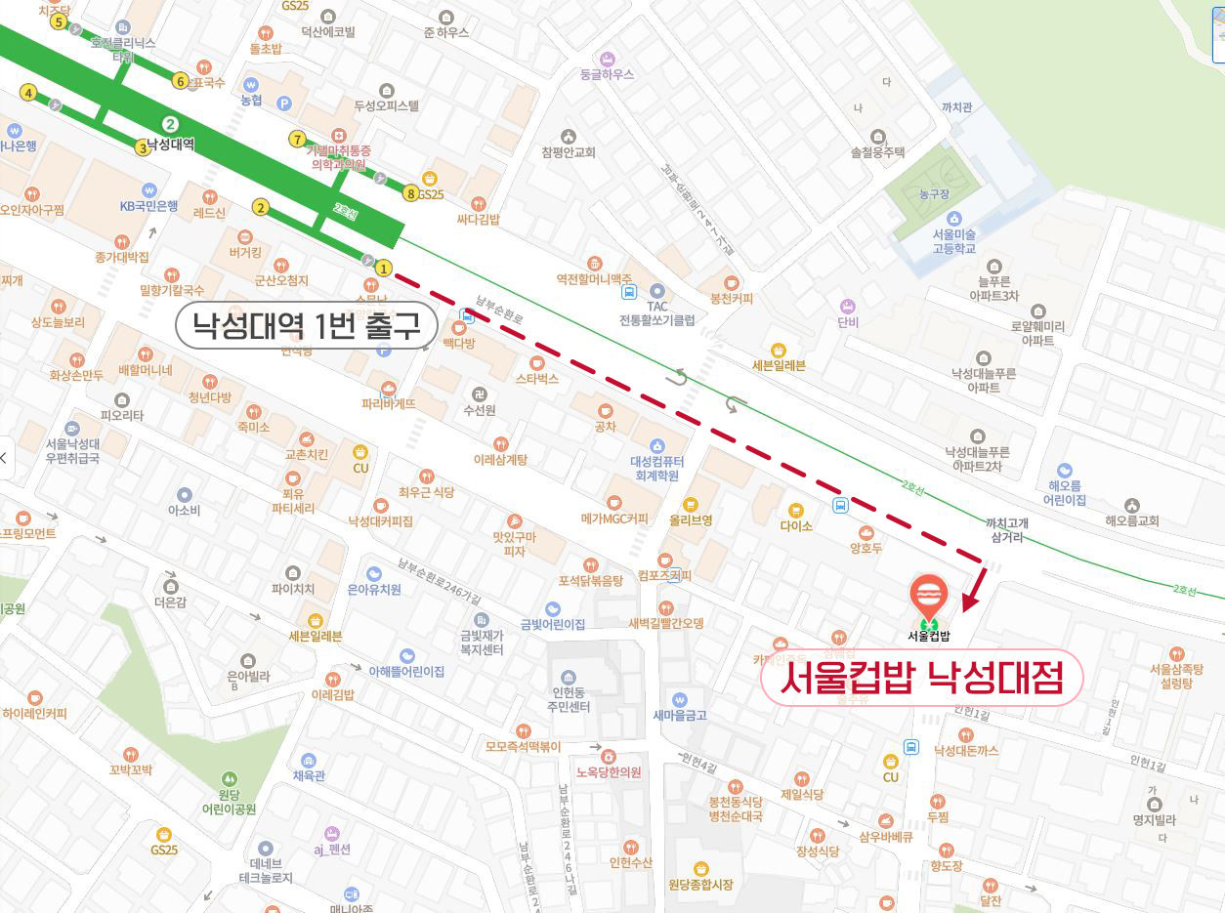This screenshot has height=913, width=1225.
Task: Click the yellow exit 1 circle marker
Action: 384,268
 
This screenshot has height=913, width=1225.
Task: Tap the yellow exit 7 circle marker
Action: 298,139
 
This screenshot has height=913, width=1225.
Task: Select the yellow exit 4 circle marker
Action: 28,93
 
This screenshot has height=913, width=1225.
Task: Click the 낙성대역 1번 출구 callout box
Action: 306,326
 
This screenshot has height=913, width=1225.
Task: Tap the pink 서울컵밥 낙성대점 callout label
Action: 922,677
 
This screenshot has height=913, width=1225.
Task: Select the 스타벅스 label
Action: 536,378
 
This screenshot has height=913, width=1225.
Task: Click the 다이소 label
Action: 796,524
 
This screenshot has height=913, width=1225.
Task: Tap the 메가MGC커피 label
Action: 614,518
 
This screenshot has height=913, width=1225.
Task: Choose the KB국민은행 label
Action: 148,205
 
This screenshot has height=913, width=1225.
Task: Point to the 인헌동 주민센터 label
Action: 570,698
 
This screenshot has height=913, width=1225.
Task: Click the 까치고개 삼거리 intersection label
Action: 1007,530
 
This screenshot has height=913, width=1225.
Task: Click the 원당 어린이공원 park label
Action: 229,802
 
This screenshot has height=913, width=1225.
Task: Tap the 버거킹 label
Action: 244,252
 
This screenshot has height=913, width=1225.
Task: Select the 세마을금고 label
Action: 680,714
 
